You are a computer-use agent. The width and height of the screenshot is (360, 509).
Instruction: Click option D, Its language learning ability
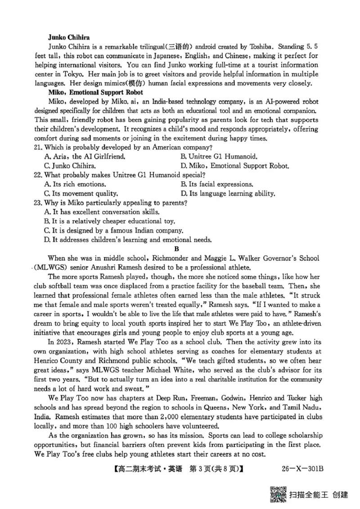(x=227, y=193)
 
